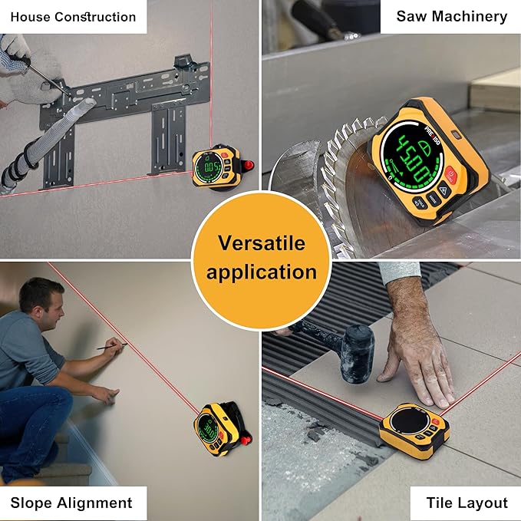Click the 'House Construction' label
73,16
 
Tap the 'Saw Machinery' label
451,16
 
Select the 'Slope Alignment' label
71,503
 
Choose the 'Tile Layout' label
467,503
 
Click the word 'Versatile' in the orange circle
261,243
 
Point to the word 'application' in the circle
261,272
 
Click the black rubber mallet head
356,353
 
